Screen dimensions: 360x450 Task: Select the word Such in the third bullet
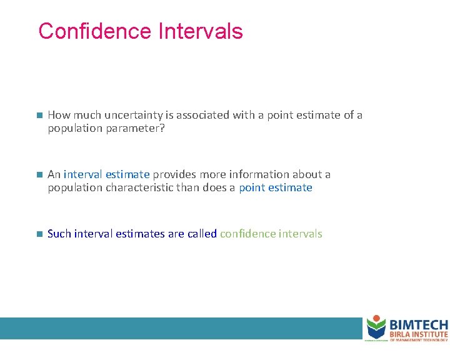[59, 234]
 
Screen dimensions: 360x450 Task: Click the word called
[202, 234]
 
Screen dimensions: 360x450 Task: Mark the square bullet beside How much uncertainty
[38, 116]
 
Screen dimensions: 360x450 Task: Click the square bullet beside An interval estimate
[38, 175]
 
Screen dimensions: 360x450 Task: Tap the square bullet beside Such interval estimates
[38, 234]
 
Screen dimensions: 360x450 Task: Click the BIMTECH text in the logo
[418, 325]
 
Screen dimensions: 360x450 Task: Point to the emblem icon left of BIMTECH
[376, 327]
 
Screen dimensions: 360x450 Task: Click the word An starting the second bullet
[54, 174]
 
